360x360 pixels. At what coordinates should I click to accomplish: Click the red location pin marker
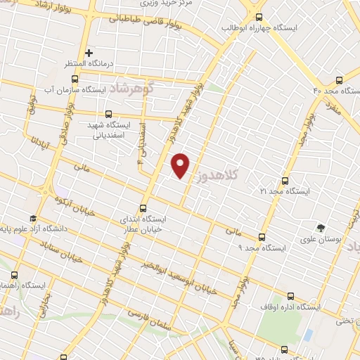(181, 165)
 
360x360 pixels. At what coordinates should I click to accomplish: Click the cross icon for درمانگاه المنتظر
(89, 53)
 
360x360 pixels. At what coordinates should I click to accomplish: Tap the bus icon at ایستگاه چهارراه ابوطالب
(259, 18)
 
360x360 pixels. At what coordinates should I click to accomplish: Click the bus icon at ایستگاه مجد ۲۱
(285, 180)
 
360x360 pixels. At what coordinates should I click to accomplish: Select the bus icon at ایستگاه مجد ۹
(262, 238)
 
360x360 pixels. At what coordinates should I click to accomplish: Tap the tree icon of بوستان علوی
(321, 228)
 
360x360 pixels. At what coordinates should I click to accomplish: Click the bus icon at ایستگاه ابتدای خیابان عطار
(143, 208)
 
